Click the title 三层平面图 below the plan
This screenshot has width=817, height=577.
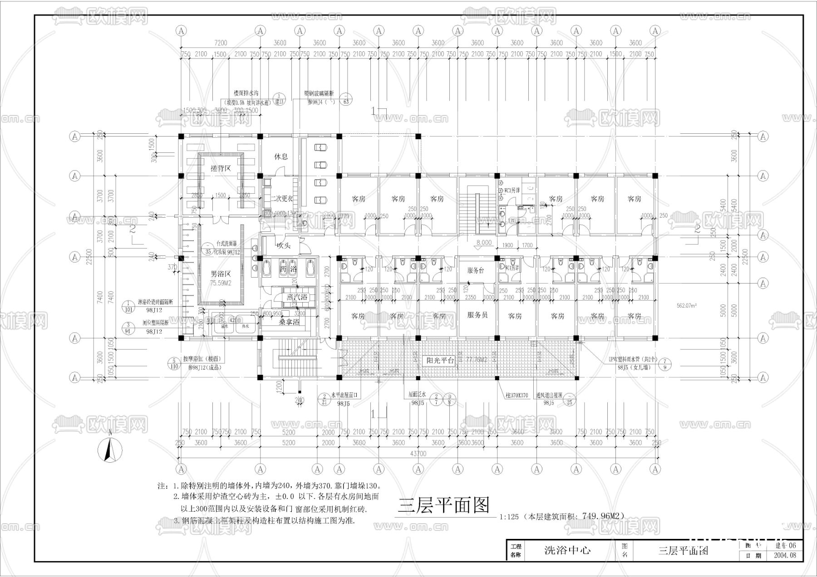pyautogui.click(x=444, y=505)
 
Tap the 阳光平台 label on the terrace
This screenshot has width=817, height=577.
pyautogui.click(x=441, y=361)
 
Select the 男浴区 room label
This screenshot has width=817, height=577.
pyautogui.click(x=221, y=274)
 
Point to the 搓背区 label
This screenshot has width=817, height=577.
pyautogui.click(x=221, y=168)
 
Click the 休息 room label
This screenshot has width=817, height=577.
pyautogui.click(x=281, y=156)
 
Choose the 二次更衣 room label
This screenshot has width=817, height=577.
pyautogui.click(x=281, y=199)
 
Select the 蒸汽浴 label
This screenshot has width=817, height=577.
pyautogui.click(x=297, y=298)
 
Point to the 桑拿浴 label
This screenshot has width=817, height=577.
pyautogui.click(x=289, y=322)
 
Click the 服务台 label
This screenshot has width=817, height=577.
pyautogui.click(x=476, y=270)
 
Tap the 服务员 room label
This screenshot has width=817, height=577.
pyautogui.click(x=477, y=315)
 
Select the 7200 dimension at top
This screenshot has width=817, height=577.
pyautogui.click(x=220, y=43)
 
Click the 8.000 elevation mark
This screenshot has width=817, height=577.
pyautogui.click(x=484, y=243)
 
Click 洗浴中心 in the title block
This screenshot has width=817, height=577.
pyautogui.click(x=567, y=551)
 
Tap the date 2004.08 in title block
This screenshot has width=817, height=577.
pyautogui.click(x=784, y=555)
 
